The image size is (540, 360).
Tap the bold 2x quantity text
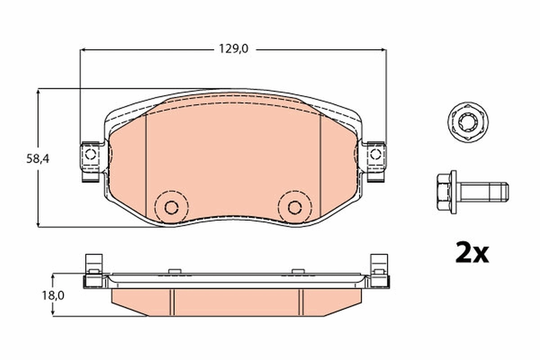tap(472, 254)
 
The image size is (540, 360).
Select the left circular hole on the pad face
tap(171, 207)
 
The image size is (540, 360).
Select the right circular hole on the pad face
tap(295, 207)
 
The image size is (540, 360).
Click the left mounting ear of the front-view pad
tap(90, 155)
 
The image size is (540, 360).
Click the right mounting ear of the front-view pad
tap(375, 155)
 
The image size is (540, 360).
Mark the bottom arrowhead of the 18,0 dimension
tap(53, 312)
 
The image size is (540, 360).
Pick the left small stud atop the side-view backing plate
tap(174, 271)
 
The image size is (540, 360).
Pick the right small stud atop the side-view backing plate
tap(298, 271)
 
